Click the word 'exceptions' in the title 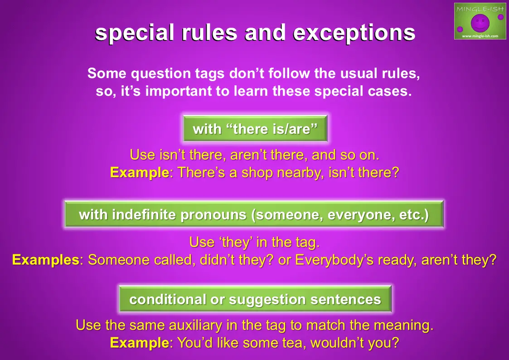pos(354,33)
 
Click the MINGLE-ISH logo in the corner pos(480,21)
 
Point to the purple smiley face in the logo pos(480,23)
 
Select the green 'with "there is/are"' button pos(255,129)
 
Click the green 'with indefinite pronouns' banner pos(254,214)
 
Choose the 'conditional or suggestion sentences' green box pos(255,299)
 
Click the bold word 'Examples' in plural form pos(46,260)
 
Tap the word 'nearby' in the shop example pos(301,173)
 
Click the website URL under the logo pos(480,36)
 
